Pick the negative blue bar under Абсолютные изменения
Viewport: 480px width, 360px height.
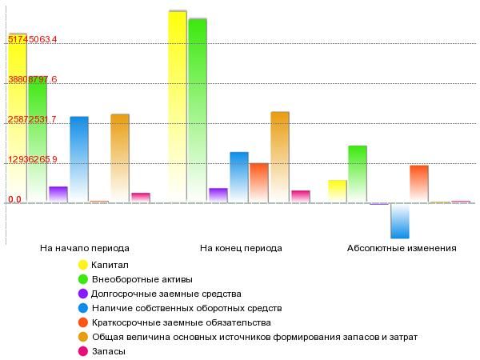[x=400, y=221]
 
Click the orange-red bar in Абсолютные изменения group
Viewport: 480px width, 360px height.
[x=419, y=183]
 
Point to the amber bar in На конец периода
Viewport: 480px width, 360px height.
[x=280, y=156]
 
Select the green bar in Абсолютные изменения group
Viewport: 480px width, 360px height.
[x=358, y=174]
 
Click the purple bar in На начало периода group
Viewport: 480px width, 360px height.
[x=58, y=194]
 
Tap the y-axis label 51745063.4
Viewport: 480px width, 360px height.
[x=32, y=39]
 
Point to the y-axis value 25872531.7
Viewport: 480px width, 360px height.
[x=32, y=120]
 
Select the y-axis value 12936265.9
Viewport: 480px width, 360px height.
[x=32, y=160]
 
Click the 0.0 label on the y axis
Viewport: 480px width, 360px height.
[x=14, y=200]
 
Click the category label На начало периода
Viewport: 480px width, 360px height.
[x=85, y=248]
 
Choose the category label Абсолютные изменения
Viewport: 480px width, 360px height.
[x=402, y=248]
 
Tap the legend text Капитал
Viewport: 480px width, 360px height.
[x=110, y=265]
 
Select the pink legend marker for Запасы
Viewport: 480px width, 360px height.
[x=82, y=351]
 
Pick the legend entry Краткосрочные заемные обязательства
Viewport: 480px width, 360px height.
[x=182, y=322]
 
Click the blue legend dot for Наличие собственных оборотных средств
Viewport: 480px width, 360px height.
[x=82, y=308]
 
